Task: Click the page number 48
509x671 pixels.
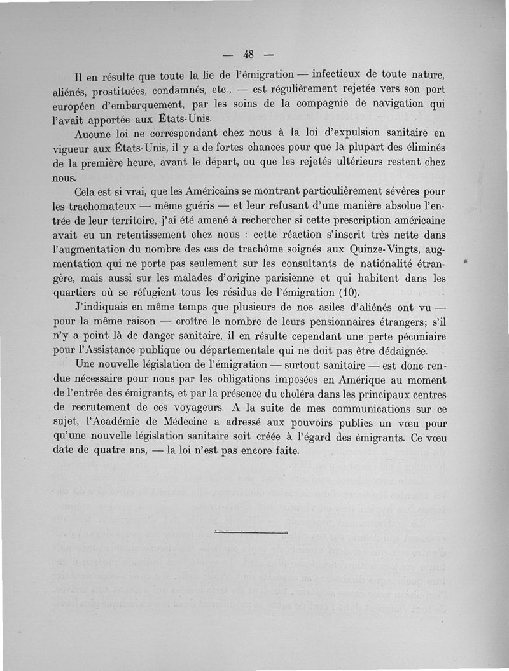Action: (249, 53)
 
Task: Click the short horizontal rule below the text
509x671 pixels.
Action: (251, 531)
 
